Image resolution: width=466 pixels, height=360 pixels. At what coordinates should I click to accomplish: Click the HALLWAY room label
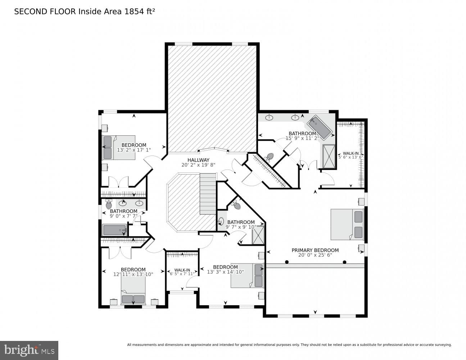pos(198,160)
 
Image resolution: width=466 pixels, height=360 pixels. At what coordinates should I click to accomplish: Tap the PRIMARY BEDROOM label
pos(315,250)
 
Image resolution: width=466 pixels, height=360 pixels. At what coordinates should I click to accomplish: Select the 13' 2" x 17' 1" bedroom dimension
pos(134,150)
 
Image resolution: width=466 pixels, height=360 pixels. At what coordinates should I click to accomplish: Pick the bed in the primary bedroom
pos(347,224)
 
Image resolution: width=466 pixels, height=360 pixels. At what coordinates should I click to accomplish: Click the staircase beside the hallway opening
pos(208,194)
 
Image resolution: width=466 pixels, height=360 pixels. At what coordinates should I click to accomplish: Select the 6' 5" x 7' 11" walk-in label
pos(182,270)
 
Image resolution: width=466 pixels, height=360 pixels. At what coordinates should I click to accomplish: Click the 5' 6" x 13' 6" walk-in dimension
pos(350,157)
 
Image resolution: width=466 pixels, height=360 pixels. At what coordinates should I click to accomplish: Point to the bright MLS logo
pos(29,350)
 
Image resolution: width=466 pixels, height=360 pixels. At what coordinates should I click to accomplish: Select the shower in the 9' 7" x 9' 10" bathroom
pos(258,235)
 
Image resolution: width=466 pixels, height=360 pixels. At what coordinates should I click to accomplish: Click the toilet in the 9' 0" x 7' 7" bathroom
pos(109,204)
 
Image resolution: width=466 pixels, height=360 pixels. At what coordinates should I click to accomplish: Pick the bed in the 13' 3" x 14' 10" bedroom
pos(247,276)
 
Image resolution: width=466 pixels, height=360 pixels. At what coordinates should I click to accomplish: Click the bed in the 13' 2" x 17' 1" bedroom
pos(119,148)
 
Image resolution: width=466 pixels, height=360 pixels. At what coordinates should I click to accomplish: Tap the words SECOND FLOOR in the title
pos(45,12)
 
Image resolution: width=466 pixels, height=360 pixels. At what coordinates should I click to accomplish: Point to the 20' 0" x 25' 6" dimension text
pos(315,255)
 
